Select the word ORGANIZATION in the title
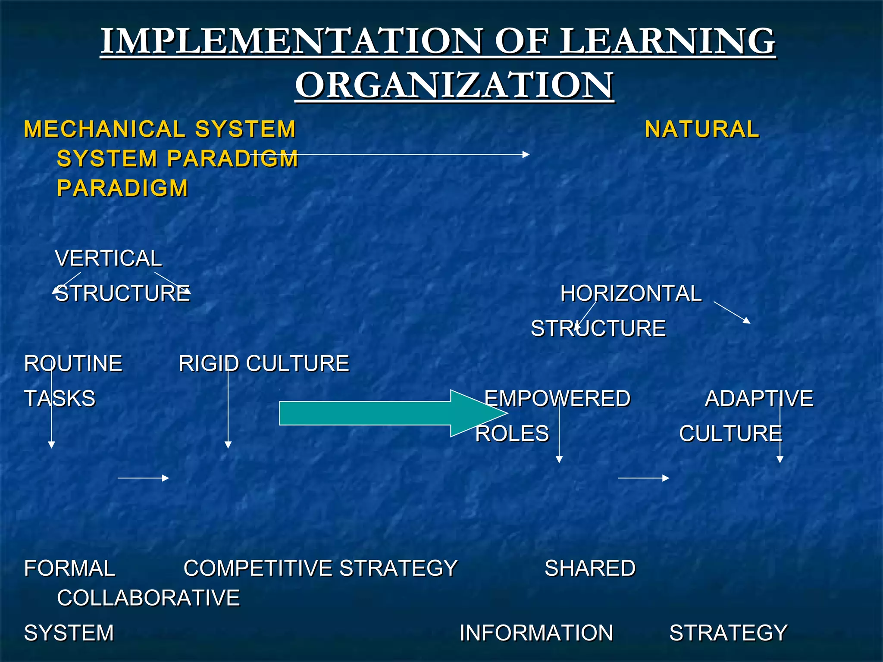(x=454, y=85)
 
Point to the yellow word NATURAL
(x=702, y=129)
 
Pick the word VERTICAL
(x=108, y=259)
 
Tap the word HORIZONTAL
(x=631, y=294)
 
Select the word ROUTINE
(x=73, y=363)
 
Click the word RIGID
(x=209, y=363)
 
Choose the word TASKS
(x=60, y=398)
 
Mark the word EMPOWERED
(x=557, y=398)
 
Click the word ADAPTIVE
(x=759, y=398)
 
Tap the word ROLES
(x=512, y=433)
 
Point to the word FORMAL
(x=70, y=568)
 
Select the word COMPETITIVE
(x=257, y=568)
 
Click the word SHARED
(x=590, y=568)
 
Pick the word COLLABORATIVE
(x=148, y=598)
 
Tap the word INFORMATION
(x=536, y=633)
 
